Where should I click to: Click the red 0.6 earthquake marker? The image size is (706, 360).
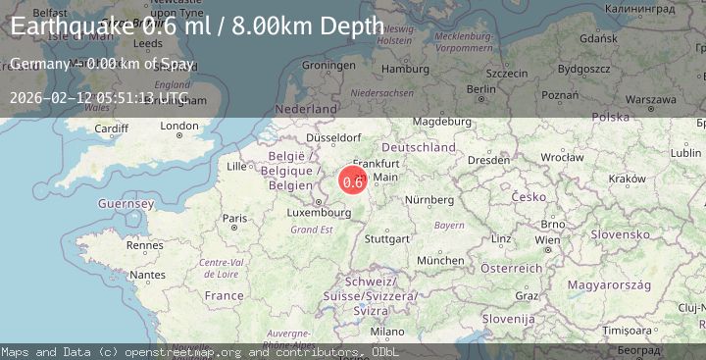click(353, 180)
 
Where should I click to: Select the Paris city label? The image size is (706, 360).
click(233, 218)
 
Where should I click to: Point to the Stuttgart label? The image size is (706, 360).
click(385, 238)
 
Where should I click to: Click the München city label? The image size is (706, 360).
click(440, 260)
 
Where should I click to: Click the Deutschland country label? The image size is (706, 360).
click(419, 147)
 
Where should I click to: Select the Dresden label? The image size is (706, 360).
click(487, 159)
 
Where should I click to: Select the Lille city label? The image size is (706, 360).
click(237, 167)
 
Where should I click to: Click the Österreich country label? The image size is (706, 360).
click(504, 268)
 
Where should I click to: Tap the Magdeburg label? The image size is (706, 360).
click(437, 121)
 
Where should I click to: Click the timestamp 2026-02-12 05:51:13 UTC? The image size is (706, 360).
click(97, 98)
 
